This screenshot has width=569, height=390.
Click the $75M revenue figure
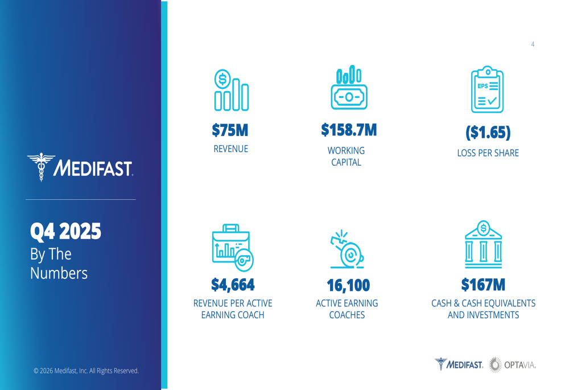pyautogui.click(x=230, y=130)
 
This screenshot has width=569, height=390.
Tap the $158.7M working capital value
pyautogui.click(x=349, y=130)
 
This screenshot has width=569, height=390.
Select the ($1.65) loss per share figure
pyautogui.click(x=488, y=132)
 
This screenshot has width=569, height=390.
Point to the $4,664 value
pyautogui.click(x=233, y=285)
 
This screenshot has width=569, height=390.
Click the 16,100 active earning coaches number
pyautogui.click(x=348, y=285)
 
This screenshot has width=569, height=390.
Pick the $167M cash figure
pyautogui.click(x=483, y=285)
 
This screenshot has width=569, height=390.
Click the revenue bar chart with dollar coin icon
pyautogui.click(x=231, y=90)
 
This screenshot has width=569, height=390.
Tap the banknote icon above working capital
pyautogui.click(x=349, y=88)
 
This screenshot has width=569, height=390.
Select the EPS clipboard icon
pyautogui.click(x=488, y=89)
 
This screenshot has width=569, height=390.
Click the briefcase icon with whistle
pyautogui.click(x=233, y=248)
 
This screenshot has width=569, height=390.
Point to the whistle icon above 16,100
pyautogui.click(x=347, y=249)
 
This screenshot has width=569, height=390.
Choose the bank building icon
pyautogui.click(x=483, y=244)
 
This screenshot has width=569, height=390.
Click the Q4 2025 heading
pyautogui.click(x=65, y=231)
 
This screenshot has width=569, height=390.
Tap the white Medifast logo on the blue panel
pyautogui.click(x=80, y=167)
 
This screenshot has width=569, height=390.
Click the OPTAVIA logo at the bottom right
pyautogui.click(x=513, y=365)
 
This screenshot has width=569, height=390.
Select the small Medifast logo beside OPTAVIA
pyautogui.click(x=459, y=364)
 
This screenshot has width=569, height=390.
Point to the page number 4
pyautogui.click(x=533, y=44)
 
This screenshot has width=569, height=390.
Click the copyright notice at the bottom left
pyautogui.click(x=86, y=371)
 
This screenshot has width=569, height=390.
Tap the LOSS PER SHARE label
pyautogui.click(x=488, y=153)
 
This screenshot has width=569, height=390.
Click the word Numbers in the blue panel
pyautogui.click(x=59, y=273)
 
